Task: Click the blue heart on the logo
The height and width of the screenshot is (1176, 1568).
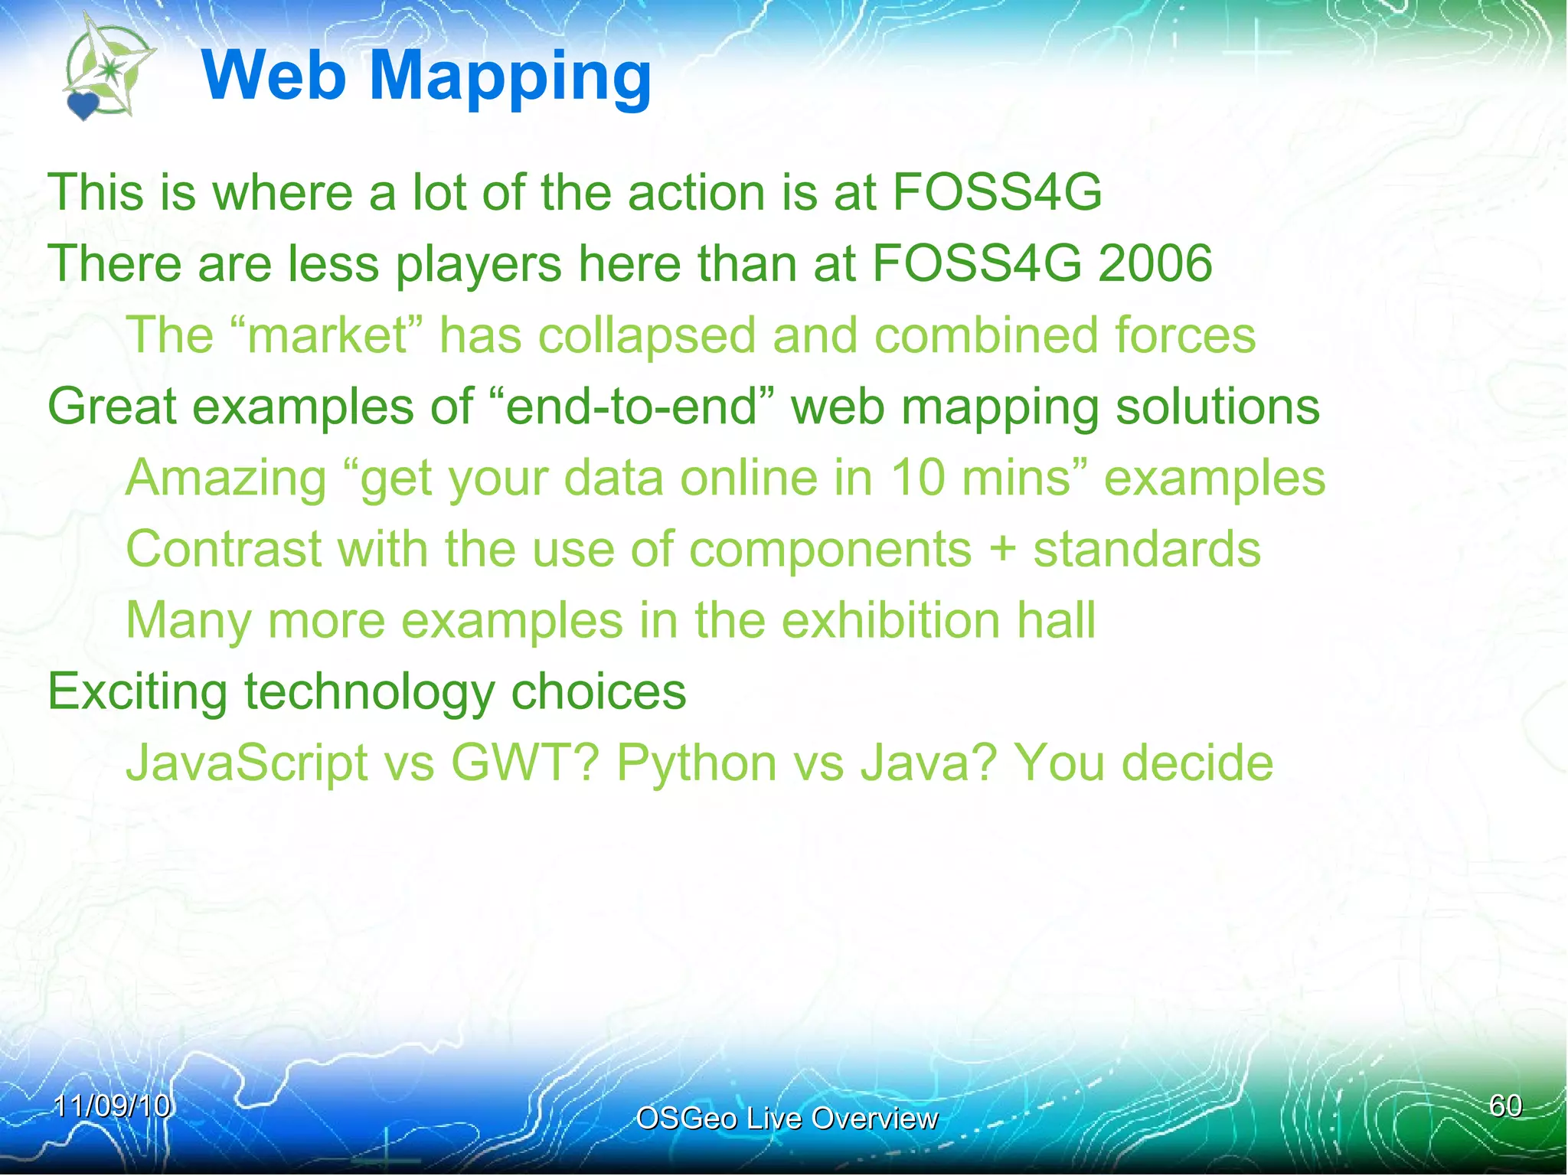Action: (83, 106)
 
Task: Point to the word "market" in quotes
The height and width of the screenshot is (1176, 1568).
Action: (326, 335)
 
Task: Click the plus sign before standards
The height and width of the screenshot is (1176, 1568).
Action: (1001, 550)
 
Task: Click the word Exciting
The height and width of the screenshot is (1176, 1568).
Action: (138, 692)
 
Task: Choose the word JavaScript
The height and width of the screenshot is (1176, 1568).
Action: (247, 763)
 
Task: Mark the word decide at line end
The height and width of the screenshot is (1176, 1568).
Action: (1197, 763)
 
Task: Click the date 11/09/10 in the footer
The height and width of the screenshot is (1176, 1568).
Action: (112, 1106)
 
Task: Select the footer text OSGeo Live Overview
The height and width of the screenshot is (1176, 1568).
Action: (786, 1119)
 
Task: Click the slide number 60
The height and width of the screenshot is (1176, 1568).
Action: (1505, 1106)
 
